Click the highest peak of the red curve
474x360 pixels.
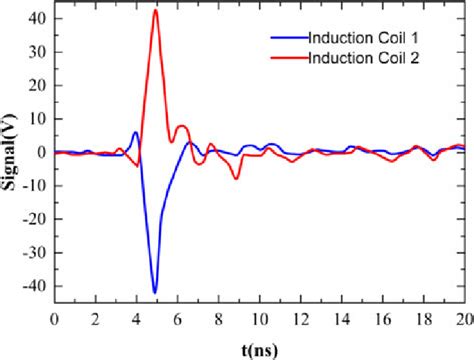click(x=155, y=11)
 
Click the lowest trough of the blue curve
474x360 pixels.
click(x=155, y=292)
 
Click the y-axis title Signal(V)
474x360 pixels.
click(x=14, y=152)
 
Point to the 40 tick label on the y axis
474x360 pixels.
click(x=36, y=18)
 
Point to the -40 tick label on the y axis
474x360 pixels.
click(x=33, y=286)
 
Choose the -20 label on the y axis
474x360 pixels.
click(x=33, y=219)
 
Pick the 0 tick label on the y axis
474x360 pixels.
click(x=40, y=152)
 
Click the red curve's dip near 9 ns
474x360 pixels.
click(x=236, y=177)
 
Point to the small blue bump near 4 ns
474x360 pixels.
click(x=136, y=132)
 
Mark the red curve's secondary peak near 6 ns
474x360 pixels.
click(x=181, y=126)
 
